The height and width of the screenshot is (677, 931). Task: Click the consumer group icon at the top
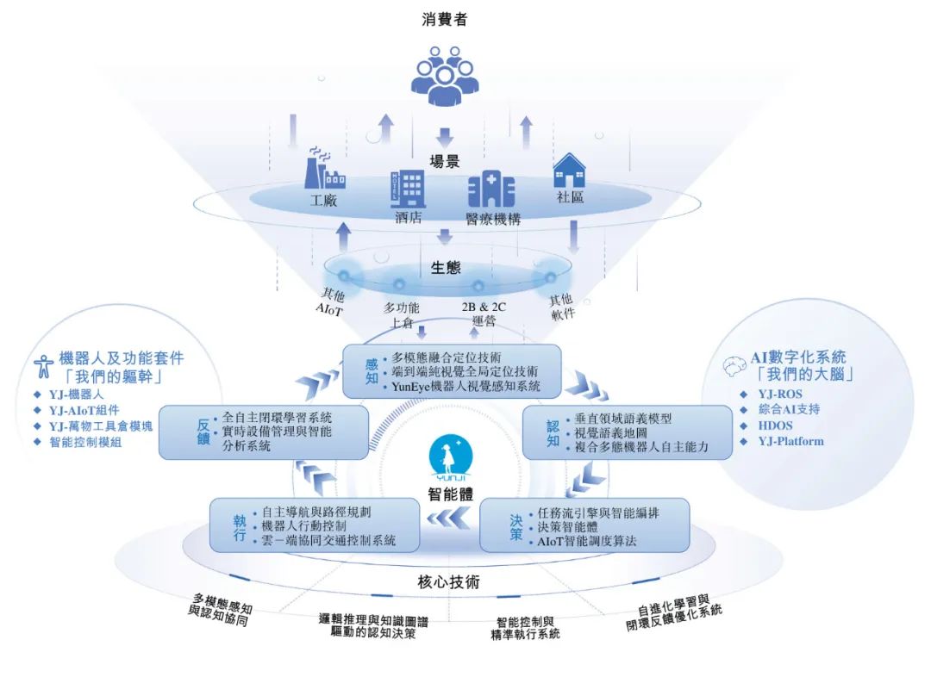[445, 77]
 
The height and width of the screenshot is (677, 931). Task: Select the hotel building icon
[408, 189]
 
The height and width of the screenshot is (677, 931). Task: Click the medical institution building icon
[491, 189]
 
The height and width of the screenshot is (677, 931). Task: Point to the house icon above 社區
[570, 170]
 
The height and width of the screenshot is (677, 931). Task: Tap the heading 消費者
[445, 20]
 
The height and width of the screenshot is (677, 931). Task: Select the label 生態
[446, 268]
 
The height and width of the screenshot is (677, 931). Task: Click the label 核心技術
[449, 582]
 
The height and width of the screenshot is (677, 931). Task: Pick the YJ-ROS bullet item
[779, 394]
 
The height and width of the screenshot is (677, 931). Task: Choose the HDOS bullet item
[775, 425]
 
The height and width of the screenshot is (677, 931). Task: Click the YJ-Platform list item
[790, 442]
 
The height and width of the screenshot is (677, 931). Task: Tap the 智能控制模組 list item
[85, 442]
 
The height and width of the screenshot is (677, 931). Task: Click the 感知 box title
[372, 371]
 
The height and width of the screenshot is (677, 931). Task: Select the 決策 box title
[516, 527]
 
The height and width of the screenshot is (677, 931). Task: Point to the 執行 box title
[240, 527]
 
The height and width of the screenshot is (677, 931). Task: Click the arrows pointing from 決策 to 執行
[448, 519]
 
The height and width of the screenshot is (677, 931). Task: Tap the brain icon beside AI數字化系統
[734, 366]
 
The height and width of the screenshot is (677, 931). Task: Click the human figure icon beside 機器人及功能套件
[43, 366]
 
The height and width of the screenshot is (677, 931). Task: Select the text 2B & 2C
[484, 307]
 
